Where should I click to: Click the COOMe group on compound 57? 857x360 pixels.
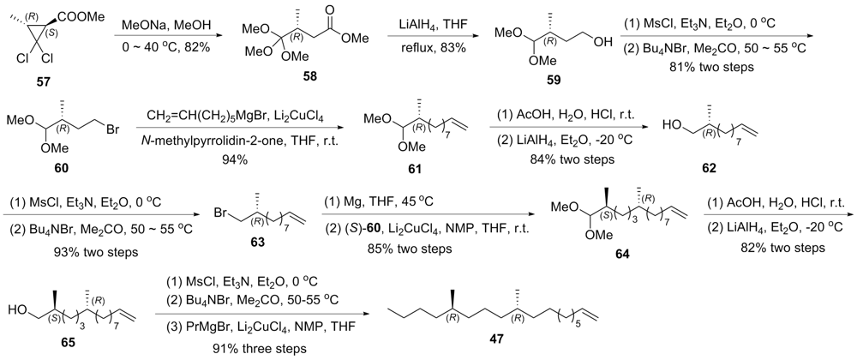point(86,17)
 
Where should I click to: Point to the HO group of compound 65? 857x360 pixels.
point(17,311)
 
